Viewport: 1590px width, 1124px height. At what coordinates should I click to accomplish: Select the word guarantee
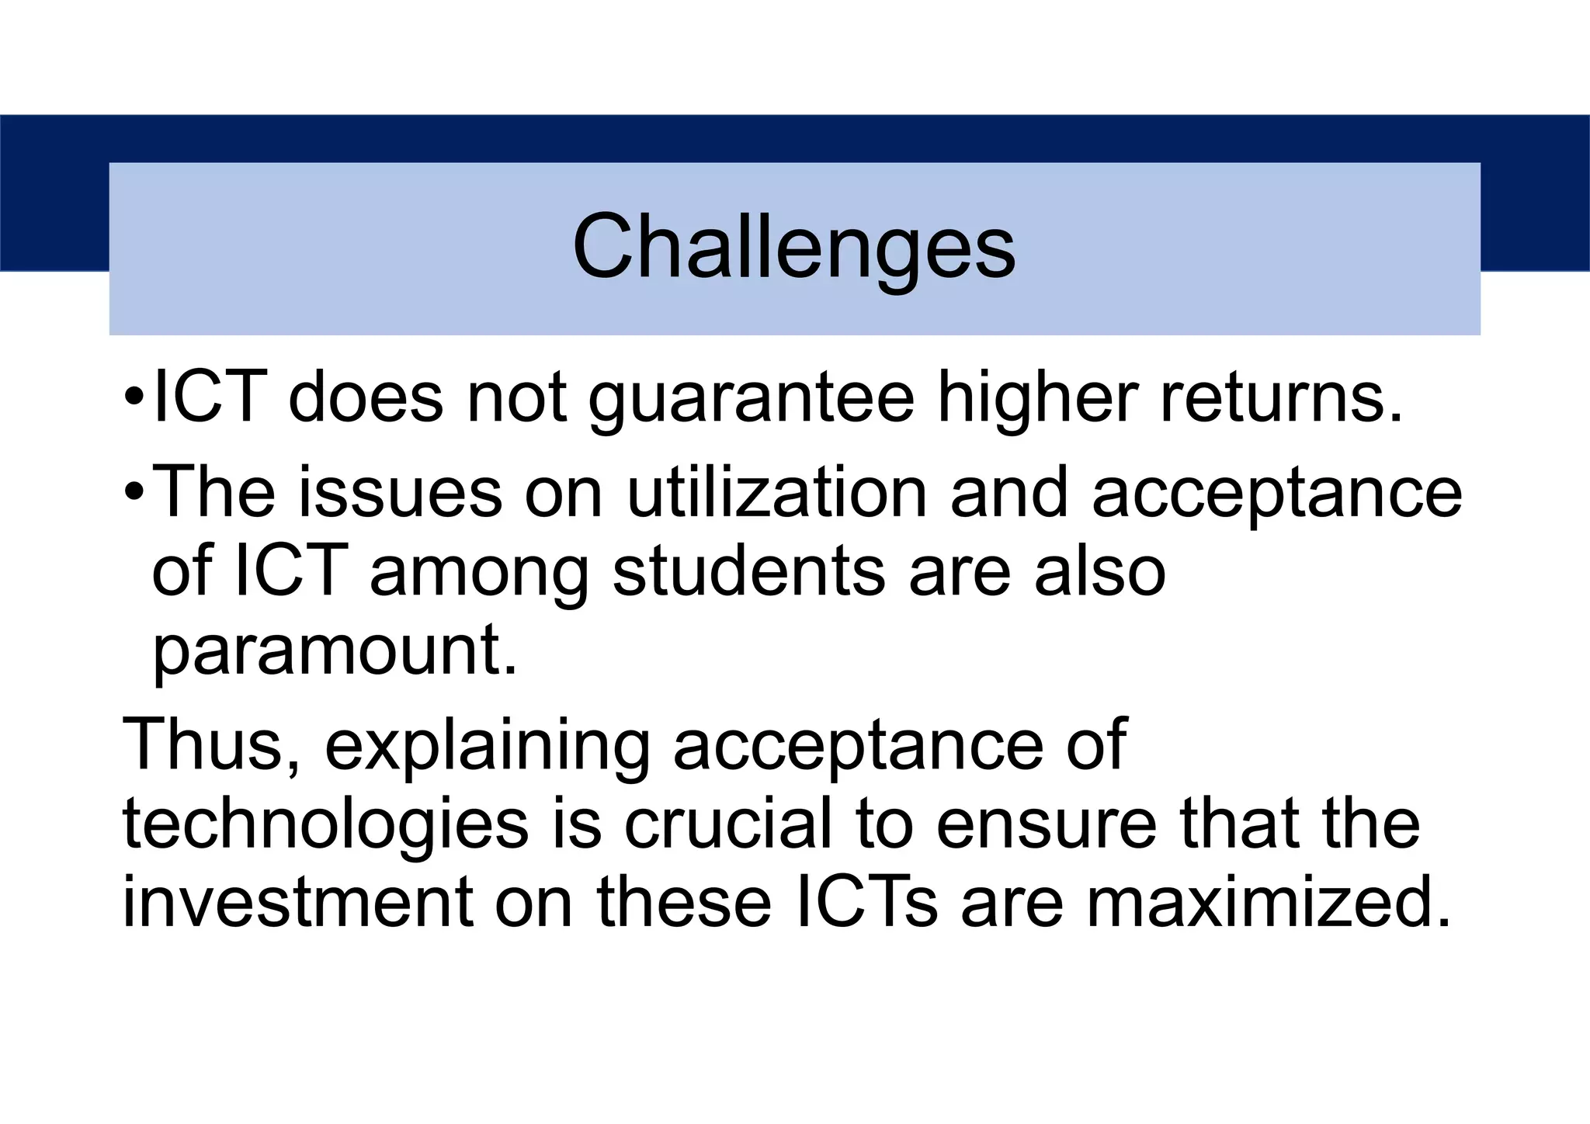tap(752, 398)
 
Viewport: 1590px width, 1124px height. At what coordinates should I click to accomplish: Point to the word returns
tap(1281, 397)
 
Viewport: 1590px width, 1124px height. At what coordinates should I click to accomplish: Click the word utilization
tap(777, 492)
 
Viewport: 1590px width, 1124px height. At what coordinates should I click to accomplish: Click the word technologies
tap(326, 824)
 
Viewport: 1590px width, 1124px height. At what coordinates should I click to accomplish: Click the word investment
tap(298, 902)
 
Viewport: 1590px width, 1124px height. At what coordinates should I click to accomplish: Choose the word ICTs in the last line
tap(866, 902)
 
